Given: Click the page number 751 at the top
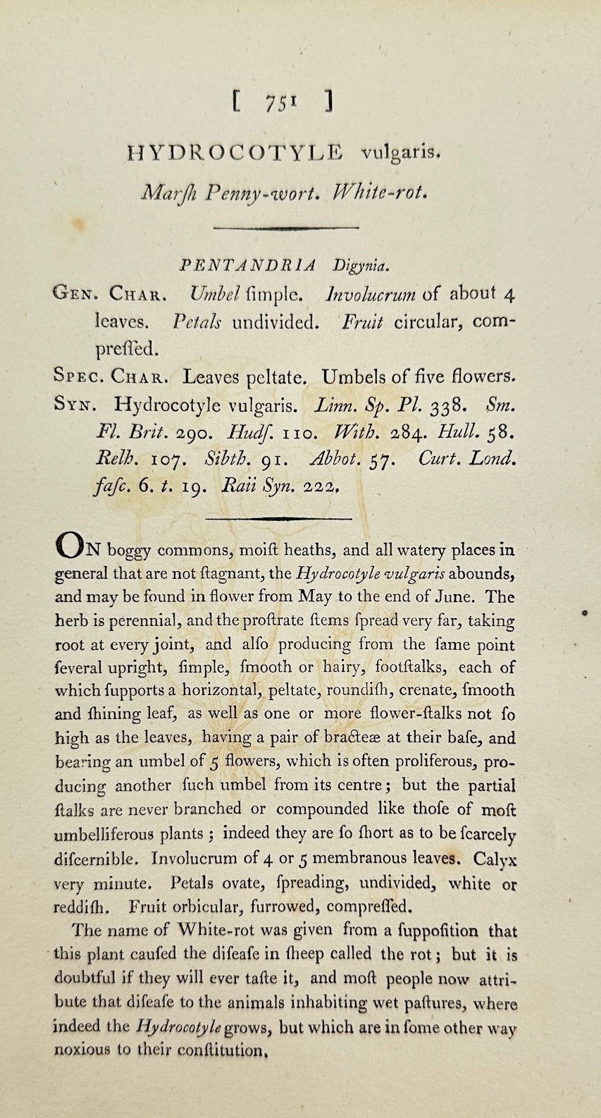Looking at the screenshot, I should pyautogui.click(x=281, y=103).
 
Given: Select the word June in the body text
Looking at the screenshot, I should pyautogui.click(x=457, y=596).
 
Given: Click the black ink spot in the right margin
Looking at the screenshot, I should pyautogui.click(x=585, y=613).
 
